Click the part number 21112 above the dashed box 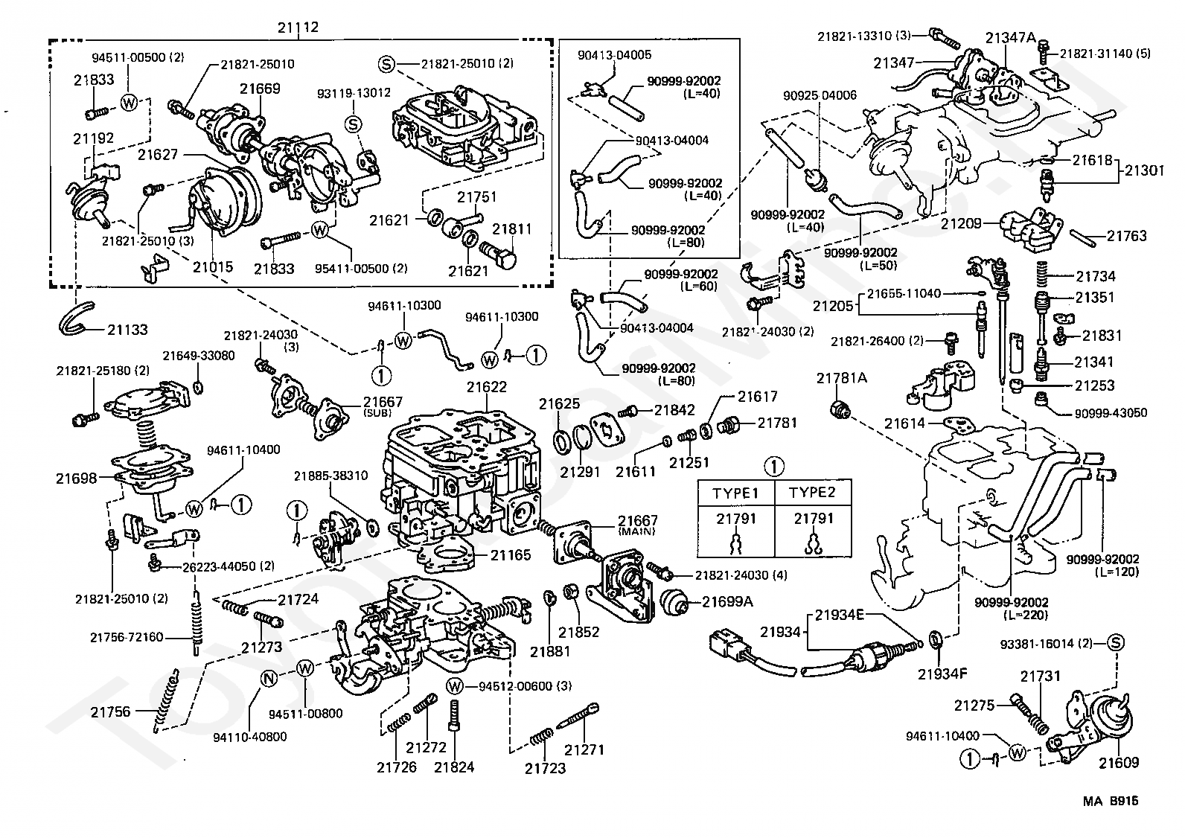point(298,28)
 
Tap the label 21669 point(260,89)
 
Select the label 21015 point(214,266)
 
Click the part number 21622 point(487,387)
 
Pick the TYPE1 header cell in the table point(735,493)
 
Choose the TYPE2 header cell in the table point(812,493)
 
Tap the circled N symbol point(269,679)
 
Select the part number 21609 point(1119,762)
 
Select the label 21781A point(841,378)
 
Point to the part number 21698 point(76,478)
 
